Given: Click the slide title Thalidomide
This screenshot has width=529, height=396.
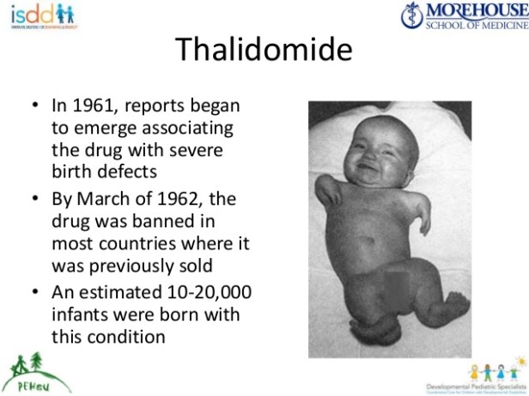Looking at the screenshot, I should (x=264, y=50).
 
